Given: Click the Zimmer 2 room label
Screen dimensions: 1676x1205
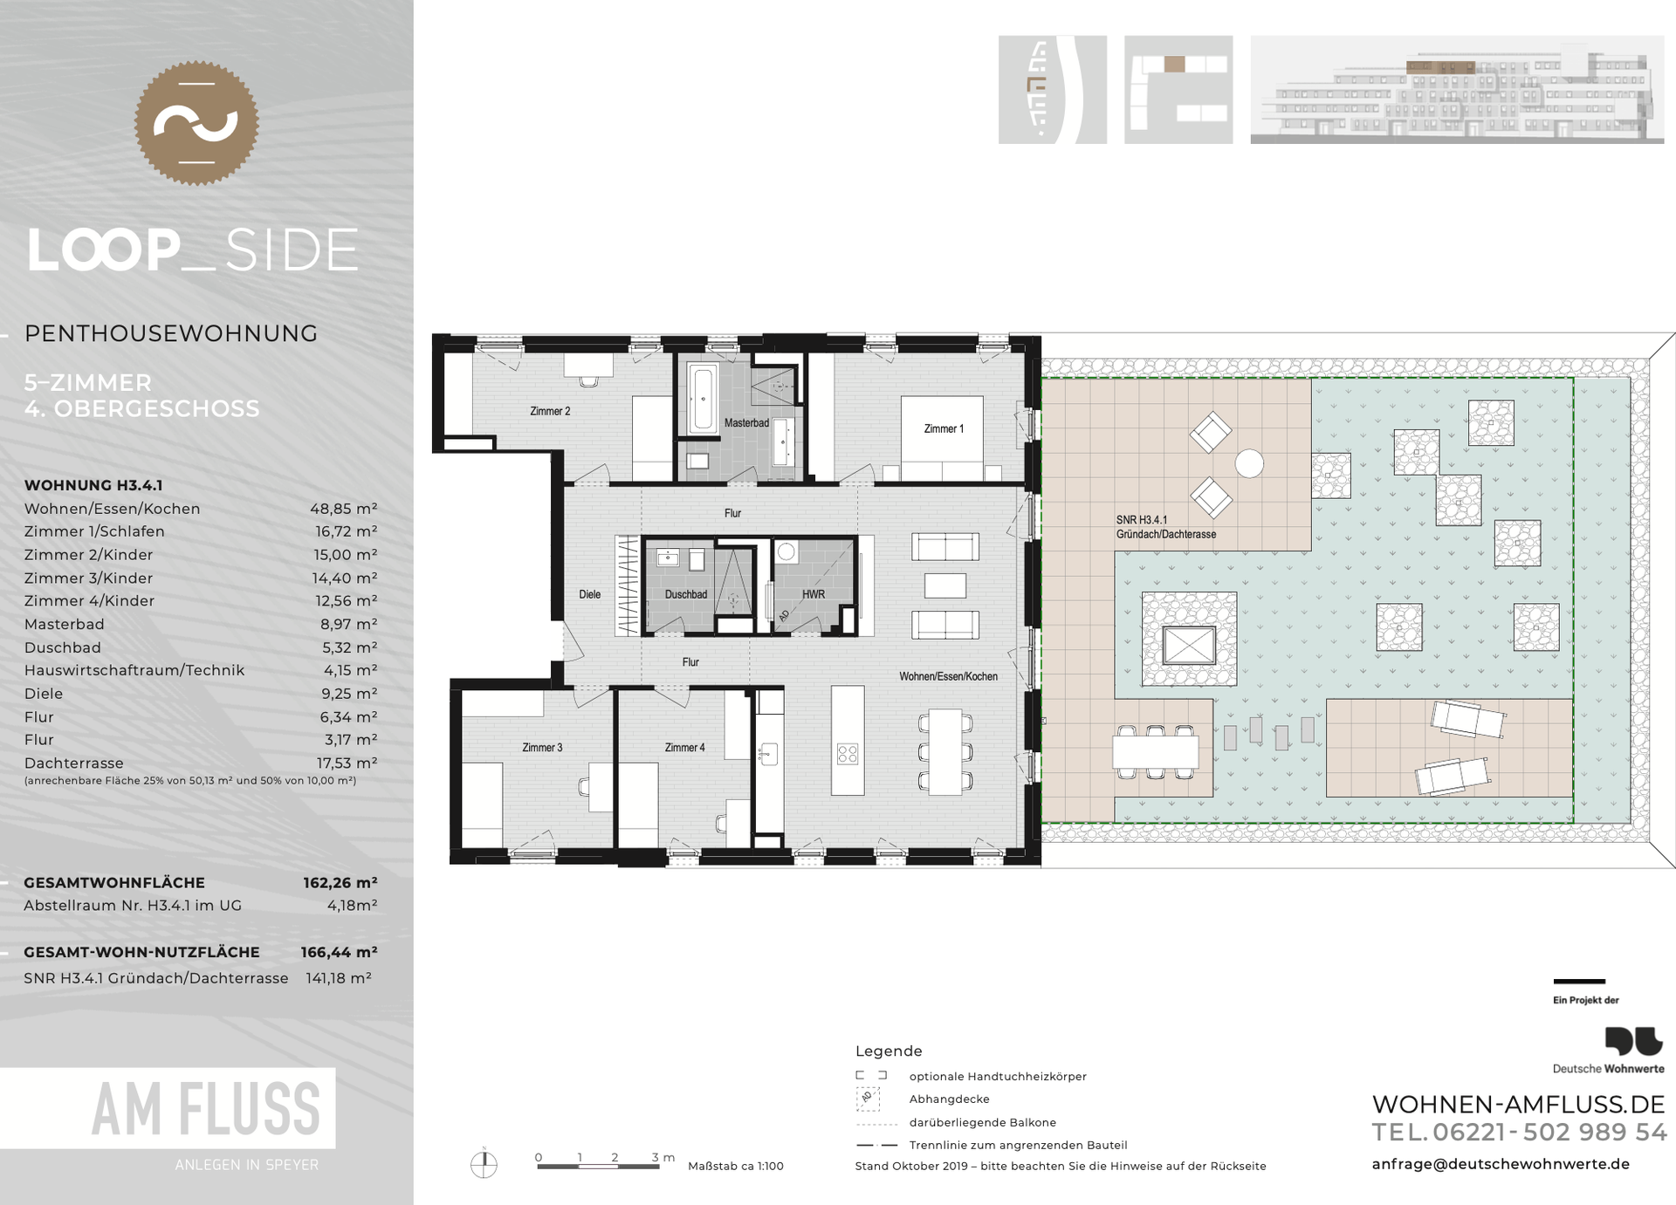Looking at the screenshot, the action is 550,411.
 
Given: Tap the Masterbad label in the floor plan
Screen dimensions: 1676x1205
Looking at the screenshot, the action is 746,423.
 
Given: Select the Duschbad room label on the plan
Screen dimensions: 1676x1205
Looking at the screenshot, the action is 686,595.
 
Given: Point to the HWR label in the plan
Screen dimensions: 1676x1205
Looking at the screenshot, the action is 814,595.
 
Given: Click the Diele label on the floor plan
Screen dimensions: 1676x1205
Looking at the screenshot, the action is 590,595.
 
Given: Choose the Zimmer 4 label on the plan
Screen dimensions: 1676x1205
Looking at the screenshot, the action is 685,748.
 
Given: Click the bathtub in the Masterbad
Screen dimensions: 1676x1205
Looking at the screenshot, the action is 703,399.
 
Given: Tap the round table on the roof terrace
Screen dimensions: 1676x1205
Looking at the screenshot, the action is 1249,463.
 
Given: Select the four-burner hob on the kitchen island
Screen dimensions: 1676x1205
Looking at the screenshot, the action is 848,754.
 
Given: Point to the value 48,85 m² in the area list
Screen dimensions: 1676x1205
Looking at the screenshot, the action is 344,509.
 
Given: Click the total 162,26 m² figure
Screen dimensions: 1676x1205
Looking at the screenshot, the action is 340,883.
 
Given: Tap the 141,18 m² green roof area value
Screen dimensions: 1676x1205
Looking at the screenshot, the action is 339,979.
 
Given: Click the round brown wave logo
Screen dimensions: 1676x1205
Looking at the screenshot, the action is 196,123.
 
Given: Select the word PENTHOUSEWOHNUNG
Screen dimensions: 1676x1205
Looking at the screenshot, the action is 171,333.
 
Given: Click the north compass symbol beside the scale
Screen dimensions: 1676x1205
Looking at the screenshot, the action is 484,1164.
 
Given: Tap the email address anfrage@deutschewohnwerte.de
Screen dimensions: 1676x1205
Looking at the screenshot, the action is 1501,1164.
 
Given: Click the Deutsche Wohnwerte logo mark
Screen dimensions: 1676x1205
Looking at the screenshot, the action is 1634,1041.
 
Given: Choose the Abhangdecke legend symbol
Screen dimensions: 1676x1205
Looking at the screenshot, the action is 868,1099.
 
